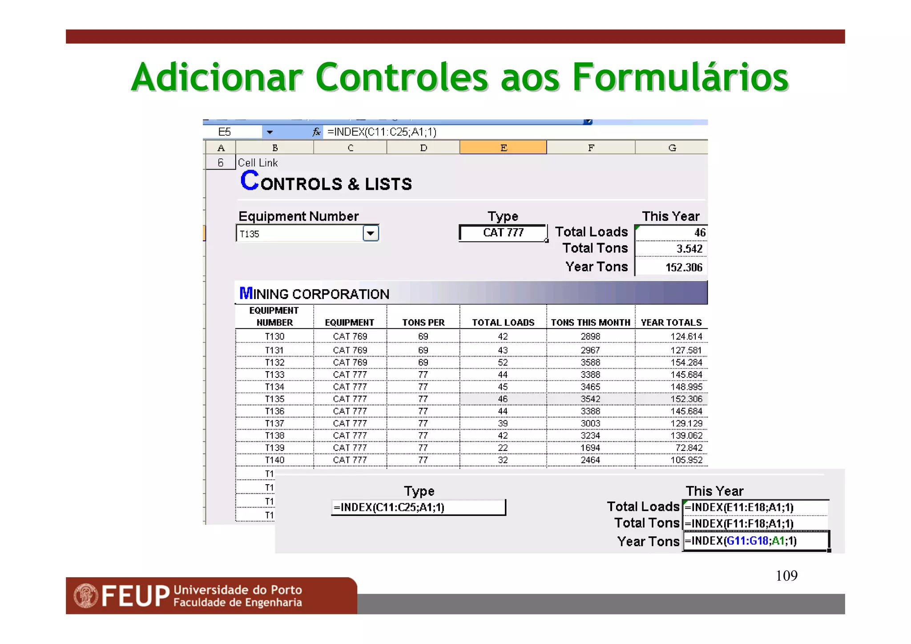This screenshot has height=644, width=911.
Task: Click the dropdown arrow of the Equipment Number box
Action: click(x=371, y=233)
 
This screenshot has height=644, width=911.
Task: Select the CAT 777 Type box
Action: click(x=503, y=233)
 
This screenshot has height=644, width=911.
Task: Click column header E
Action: click(x=503, y=148)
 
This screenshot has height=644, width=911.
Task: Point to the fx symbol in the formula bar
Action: click(x=316, y=132)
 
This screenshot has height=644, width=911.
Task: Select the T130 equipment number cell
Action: click(x=274, y=336)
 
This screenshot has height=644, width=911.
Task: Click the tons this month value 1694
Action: click(x=590, y=448)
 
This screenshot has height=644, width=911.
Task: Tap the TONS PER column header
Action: click(x=423, y=323)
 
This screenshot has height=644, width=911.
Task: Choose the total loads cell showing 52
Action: click(x=503, y=363)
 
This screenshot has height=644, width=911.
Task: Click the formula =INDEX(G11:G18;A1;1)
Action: click(x=741, y=541)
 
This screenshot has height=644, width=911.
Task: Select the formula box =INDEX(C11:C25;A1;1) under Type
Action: click(x=418, y=507)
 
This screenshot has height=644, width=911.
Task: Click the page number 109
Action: click(x=786, y=576)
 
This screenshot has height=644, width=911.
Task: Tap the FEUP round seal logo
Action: click(x=86, y=596)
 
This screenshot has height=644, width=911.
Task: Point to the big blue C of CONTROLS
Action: click(x=250, y=181)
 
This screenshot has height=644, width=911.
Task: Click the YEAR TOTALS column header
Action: click(x=671, y=323)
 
